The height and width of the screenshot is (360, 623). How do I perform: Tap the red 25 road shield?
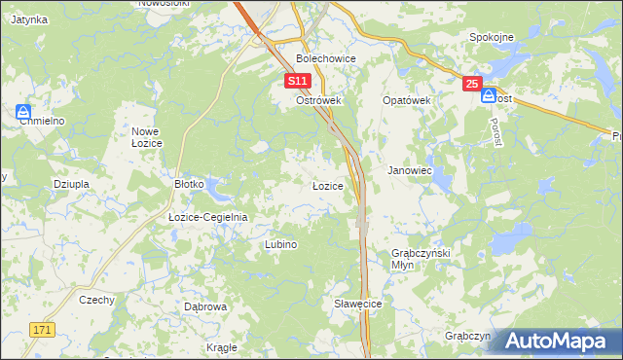[x=472, y=85]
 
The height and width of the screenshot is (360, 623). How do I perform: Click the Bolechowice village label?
[x=326, y=58]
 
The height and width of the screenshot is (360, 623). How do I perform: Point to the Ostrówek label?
[x=316, y=100]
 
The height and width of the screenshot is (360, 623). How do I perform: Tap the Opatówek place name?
[x=406, y=100]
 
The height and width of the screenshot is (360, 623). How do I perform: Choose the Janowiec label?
[x=410, y=169]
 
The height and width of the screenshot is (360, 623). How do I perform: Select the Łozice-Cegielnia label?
[x=208, y=217]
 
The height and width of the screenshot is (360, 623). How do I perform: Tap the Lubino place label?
[x=280, y=244]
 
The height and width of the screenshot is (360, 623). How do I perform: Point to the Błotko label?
[x=188, y=183]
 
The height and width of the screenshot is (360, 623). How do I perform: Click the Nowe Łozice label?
[x=146, y=136]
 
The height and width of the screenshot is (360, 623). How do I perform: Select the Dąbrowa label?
[x=205, y=306]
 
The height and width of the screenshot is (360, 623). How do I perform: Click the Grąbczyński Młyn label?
[x=416, y=258]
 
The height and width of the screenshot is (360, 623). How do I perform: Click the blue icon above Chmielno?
[x=23, y=113]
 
